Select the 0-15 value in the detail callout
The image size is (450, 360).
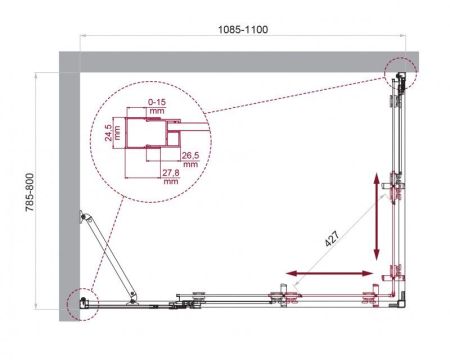pos(154,102)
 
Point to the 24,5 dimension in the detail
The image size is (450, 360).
pos(111,132)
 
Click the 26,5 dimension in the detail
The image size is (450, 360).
pos(192,157)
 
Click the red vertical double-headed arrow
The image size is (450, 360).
pos(378,214)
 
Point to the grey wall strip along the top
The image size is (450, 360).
pos(240,59)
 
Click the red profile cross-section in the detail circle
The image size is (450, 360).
pos(150,130)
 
